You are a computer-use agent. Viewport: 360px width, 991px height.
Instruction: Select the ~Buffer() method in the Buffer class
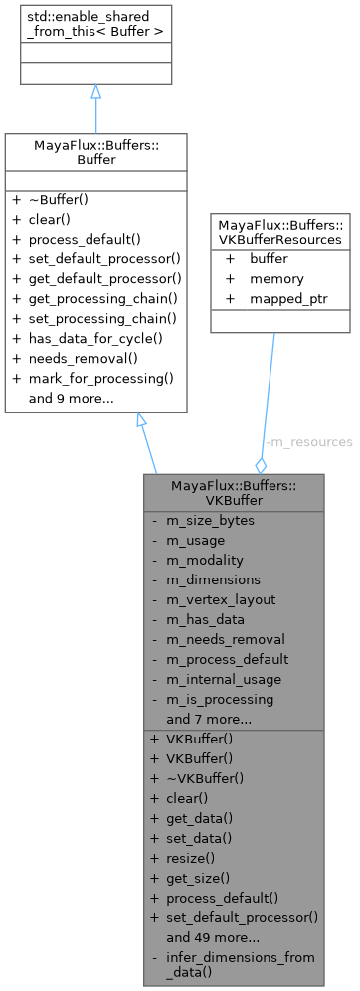(62, 199)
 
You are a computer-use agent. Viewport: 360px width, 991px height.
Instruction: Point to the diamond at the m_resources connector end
(262, 464)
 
